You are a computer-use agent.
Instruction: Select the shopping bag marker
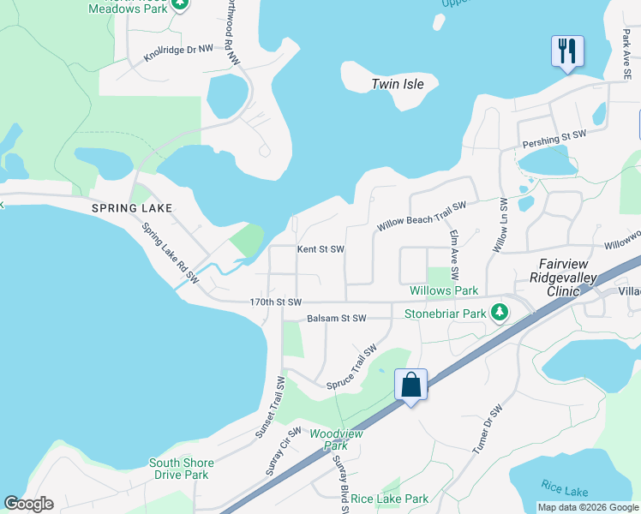411,385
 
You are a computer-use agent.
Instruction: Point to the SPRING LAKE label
133,208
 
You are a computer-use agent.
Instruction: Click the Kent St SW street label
320,250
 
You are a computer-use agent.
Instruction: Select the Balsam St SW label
337,319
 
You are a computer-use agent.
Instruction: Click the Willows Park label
443,291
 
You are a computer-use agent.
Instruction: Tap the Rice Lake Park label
389,499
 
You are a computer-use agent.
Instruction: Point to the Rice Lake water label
565,490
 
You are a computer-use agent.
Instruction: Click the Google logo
28,504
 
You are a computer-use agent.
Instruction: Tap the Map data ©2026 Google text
588,507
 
